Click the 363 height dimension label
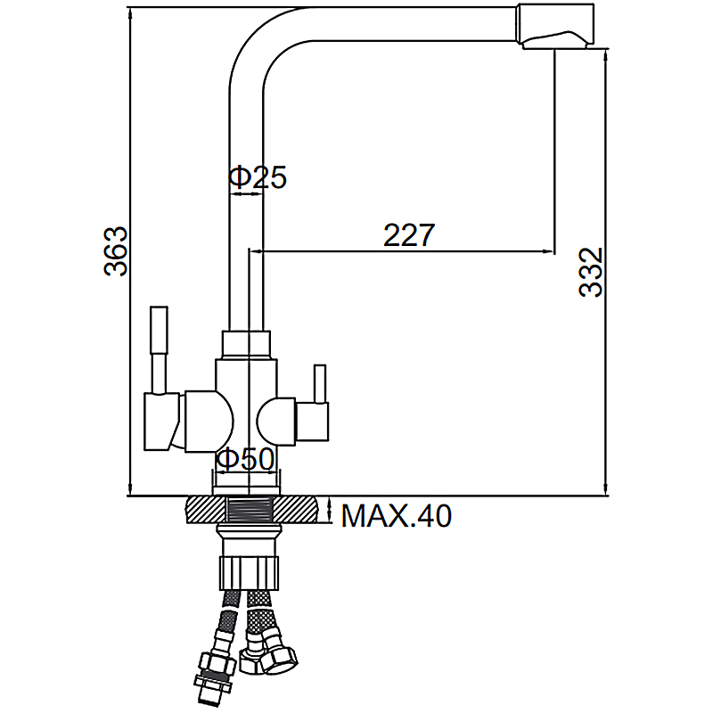pos(116,250)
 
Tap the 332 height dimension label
pos(591,272)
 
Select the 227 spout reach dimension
pos(409,235)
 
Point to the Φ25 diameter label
pos(258,176)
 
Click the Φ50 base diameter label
pos(246,459)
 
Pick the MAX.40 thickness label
pos(396,516)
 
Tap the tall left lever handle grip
pos(160,331)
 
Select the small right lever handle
pos(320,384)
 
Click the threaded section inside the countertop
pos(249,509)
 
